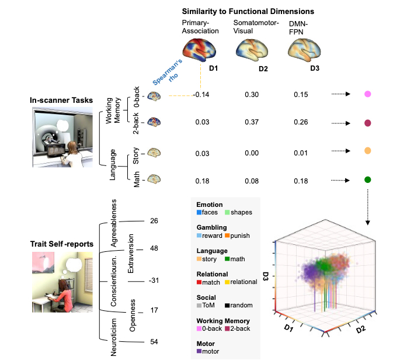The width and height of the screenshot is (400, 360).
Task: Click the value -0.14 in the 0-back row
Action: coord(202,94)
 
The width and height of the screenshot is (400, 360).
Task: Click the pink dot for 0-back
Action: coord(368,94)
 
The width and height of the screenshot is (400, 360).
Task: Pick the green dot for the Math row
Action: coord(368,180)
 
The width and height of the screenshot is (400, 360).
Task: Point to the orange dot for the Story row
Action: coord(368,151)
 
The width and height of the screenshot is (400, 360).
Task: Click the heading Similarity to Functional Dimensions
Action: coord(248,11)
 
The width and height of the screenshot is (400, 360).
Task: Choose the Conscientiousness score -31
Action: coord(154,281)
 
